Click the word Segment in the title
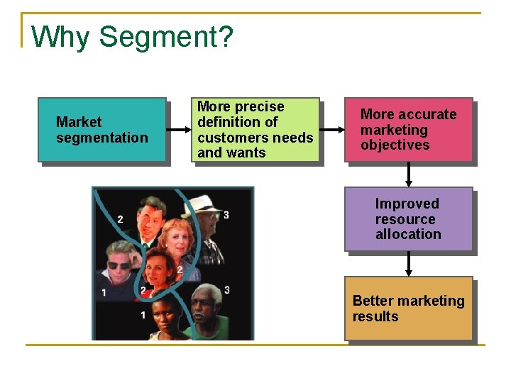166,37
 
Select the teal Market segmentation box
102,130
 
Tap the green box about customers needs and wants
255,130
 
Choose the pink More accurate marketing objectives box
409,130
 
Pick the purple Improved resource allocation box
409,219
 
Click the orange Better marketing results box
409,309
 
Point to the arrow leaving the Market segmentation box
179,131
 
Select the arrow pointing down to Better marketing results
409,264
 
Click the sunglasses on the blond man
119,265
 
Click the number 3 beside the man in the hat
226,215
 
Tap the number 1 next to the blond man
104,292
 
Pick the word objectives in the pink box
395,145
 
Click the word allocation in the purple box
408,235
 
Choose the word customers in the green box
228,138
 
